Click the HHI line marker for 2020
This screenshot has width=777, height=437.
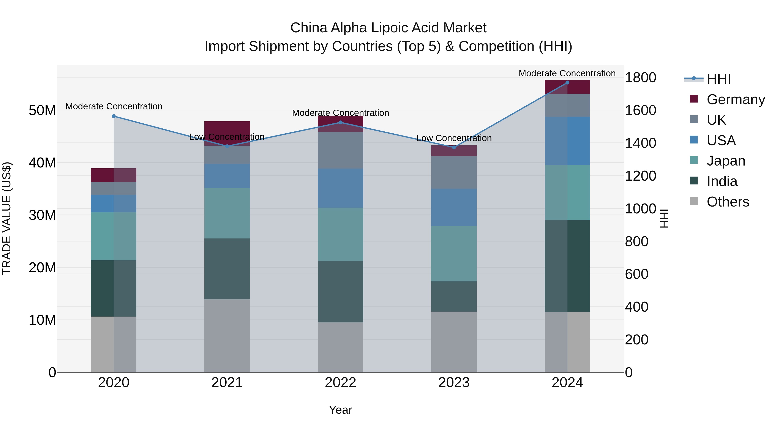[114, 116]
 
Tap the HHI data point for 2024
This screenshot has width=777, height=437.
[567, 83]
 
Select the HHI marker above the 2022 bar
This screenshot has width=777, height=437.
[341, 122]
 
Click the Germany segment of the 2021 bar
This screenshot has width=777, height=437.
[227, 128]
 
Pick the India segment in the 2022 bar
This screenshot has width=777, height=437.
[341, 291]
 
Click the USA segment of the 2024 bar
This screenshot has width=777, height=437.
[567, 141]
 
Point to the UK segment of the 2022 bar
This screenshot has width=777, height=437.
[341, 150]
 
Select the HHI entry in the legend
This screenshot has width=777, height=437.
[719, 79]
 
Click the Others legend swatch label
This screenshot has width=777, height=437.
[728, 202]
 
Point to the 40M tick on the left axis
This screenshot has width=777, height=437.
[42, 163]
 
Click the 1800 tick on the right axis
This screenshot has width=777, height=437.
[640, 77]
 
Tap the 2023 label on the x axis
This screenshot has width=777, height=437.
[454, 383]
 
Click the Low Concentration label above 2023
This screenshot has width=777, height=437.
[454, 138]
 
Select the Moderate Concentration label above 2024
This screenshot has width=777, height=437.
[567, 73]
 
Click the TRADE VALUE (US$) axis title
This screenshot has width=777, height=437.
[7, 218]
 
